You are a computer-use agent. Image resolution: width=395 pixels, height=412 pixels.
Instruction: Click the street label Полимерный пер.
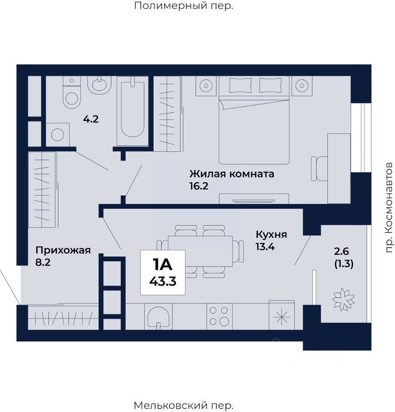pyautogui.click(x=184, y=6)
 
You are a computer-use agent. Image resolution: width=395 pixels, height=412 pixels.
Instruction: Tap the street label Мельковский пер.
pyautogui.click(x=184, y=405)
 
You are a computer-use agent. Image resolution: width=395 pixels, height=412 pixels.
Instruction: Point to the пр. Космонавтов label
pyautogui.click(x=389, y=207)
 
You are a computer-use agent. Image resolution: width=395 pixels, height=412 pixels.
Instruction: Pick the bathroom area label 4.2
pyautogui.click(x=90, y=119)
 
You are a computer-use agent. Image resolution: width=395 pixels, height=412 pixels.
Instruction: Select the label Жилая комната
pyautogui.click(x=232, y=174)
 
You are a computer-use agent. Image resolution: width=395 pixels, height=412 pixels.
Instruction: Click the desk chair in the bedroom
pyautogui.click(x=318, y=168)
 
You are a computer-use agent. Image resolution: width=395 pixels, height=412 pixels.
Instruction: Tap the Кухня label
pyautogui.click(x=271, y=235)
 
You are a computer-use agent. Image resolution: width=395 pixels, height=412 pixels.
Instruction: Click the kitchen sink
pyautogui.click(x=158, y=317)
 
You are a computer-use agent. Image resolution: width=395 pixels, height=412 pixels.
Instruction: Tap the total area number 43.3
pyautogui.click(x=163, y=281)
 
